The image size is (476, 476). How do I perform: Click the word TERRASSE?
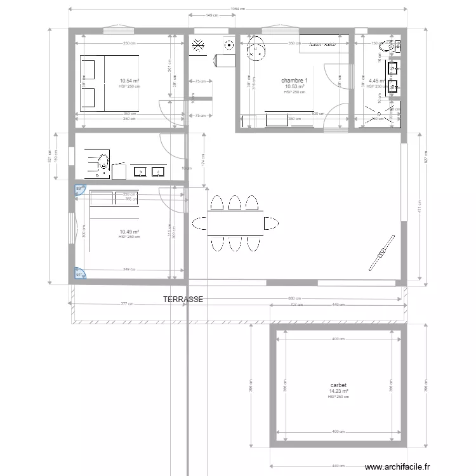coord(183,299)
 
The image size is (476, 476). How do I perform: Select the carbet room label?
coord(338,385)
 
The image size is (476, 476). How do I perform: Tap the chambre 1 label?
coord(294,81)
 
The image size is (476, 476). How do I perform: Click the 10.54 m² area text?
coord(129,81)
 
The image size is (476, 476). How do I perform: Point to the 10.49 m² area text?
coord(129,232)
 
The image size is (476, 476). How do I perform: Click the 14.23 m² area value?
coord(338,391)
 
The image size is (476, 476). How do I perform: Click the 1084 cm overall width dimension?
coord(237,9)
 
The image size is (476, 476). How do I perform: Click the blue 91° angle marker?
coord(80,274)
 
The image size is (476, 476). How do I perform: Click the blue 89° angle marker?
coord(79,189)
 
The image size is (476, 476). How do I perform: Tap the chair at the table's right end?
coord(272,223)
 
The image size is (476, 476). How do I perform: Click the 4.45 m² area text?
coord(377,81)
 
